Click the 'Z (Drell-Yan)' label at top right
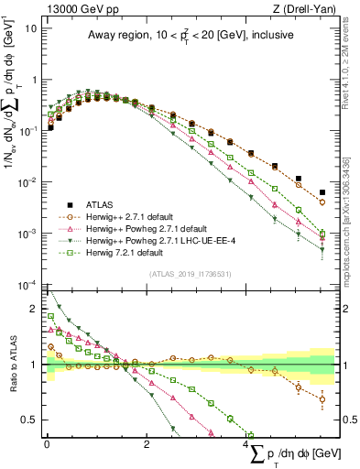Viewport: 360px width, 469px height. tap(308, 8)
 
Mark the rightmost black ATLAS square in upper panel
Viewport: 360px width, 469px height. tap(322, 192)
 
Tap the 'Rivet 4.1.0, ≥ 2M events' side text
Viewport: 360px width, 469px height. tap(352, 60)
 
